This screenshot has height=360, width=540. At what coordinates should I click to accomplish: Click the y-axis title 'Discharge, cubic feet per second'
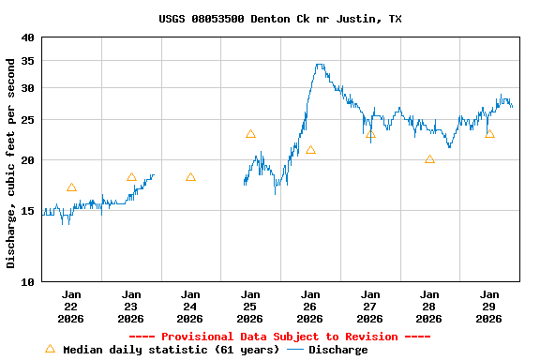(x=11, y=163)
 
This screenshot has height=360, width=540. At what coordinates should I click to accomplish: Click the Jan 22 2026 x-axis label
(x=71, y=307)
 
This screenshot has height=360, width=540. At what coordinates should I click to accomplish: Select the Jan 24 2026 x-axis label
(x=190, y=307)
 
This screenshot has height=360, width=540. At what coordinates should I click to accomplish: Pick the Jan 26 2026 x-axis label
(x=309, y=307)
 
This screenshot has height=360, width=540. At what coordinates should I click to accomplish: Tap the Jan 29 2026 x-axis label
(x=488, y=307)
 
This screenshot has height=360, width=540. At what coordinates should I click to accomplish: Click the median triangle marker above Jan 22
(x=71, y=187)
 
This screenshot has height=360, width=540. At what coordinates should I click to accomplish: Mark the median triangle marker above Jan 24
(x=190, y=177)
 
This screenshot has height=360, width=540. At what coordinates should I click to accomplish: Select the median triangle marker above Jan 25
(x=250, y=134)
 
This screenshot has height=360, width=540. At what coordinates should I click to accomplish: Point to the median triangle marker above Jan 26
(x=310, y=150)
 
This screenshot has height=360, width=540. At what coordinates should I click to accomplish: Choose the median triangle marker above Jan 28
(x=429, y=159)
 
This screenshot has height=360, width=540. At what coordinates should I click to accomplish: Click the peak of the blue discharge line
(x=320, y=65)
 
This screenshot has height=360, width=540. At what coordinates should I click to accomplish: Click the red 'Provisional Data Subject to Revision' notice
(x=279, y=337)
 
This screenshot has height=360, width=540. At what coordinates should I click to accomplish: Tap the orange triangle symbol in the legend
(x=51, y=349)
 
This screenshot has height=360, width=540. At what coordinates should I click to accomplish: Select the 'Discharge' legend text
(x=337, y=350)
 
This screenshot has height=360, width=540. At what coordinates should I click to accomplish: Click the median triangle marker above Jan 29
(x=489, y=134)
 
